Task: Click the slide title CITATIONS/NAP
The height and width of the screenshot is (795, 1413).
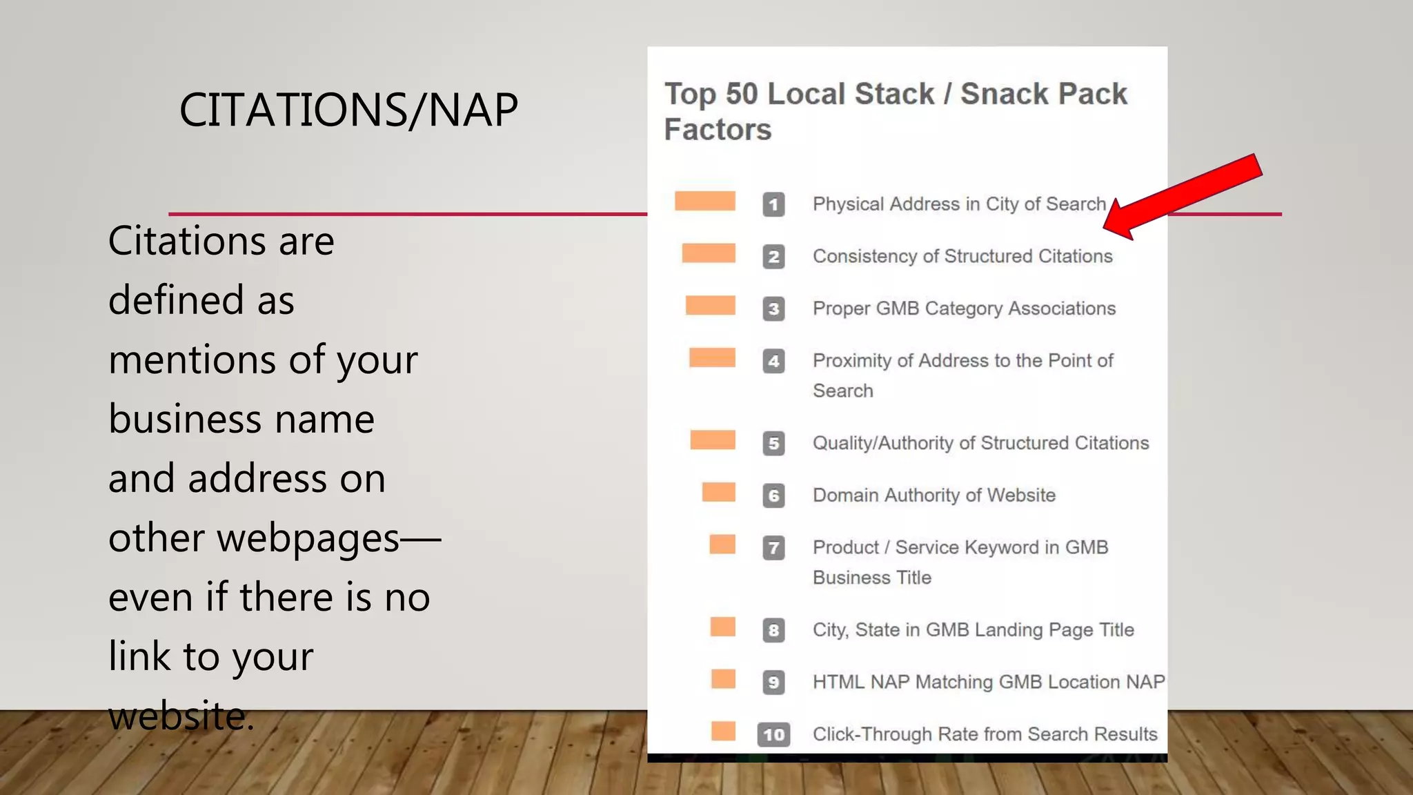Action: click(348, 110)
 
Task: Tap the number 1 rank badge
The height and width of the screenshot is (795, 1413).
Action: click(773, 205)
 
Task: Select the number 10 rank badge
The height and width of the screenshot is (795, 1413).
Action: click(773, 734)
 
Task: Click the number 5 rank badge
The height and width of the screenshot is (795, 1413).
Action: click(773, 443)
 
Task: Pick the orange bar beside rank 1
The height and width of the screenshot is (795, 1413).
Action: click(704, 201)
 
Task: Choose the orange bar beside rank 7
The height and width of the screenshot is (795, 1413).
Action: click(722, 544)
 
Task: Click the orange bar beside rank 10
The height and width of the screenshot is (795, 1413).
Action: click(723, 731)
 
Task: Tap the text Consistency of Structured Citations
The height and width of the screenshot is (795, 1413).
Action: click(962, 256)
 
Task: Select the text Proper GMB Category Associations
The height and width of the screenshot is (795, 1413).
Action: click(964, 308)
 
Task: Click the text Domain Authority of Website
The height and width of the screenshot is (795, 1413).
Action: click(934, 495)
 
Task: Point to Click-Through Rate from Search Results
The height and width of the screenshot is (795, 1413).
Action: click(985, 734)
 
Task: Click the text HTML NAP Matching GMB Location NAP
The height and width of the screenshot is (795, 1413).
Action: click(988, 682)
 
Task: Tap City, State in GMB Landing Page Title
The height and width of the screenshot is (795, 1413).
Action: click(973, 630)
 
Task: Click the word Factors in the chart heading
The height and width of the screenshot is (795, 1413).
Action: click(718, 130)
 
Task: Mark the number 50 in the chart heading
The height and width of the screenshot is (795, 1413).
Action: click(741, 94)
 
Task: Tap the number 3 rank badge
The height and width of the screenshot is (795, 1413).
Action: click(773, 309)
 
